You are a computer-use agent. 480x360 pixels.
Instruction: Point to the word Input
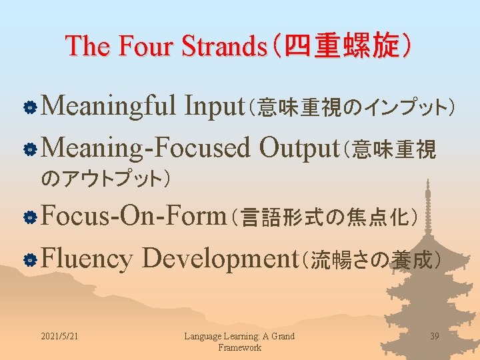click(x=219, y=105)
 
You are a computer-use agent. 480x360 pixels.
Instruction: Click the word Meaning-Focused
click(x=148, y=148)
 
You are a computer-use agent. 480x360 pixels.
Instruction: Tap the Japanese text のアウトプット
click(x=105, y=179)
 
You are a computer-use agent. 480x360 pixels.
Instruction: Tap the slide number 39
click(x=435, y=336)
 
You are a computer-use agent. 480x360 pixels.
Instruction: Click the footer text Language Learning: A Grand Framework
click(x=239, y=341)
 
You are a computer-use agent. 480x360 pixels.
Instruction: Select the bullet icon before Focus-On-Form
click(x=29, y=217)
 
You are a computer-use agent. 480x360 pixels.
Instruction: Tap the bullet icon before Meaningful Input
click(x=29, y=107)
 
